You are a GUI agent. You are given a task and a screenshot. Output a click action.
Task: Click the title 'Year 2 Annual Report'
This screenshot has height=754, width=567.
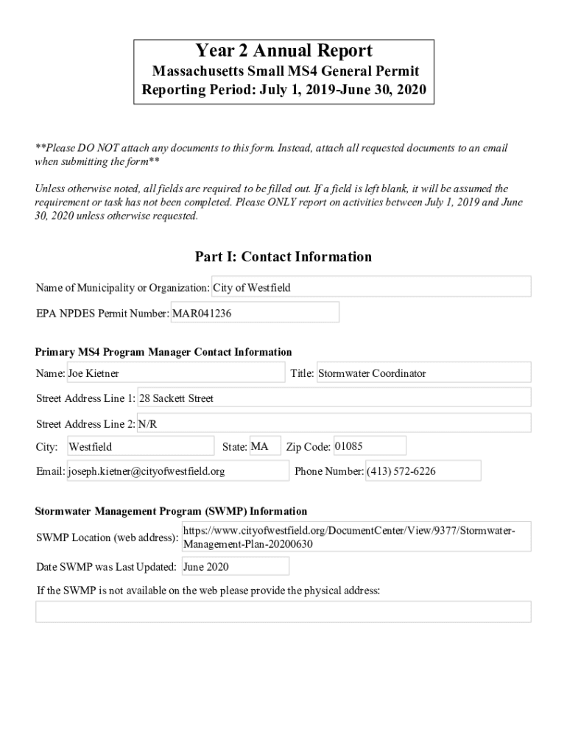pos(283,51)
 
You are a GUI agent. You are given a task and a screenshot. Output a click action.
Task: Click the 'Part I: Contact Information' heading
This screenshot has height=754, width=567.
pos(283,256)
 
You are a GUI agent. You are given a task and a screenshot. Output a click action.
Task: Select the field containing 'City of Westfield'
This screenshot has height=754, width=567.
pos(371,287)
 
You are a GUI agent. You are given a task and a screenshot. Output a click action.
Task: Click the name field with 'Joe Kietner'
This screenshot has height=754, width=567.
pos(175,373)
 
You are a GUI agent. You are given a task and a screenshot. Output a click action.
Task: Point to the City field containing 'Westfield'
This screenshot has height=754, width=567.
pos(140,447)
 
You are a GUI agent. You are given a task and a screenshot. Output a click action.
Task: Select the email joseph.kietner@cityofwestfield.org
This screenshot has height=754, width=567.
pos(177,471)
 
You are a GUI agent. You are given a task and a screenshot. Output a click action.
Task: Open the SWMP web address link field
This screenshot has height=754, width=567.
pos(356,538)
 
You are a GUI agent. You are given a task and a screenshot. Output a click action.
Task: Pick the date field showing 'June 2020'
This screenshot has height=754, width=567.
pos(234,566)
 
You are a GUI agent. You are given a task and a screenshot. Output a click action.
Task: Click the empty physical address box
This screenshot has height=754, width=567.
pos(283,612)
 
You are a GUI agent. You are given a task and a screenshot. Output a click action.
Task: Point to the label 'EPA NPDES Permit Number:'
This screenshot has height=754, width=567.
pos(102,313)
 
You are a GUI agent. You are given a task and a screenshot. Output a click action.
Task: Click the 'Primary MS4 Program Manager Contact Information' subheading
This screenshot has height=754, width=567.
pos(163,352)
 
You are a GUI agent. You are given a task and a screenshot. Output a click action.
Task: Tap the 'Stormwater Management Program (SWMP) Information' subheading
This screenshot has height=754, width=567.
pos(172,511)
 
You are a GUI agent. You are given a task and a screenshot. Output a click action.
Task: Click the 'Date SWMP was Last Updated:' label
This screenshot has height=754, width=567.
pos(106,567)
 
